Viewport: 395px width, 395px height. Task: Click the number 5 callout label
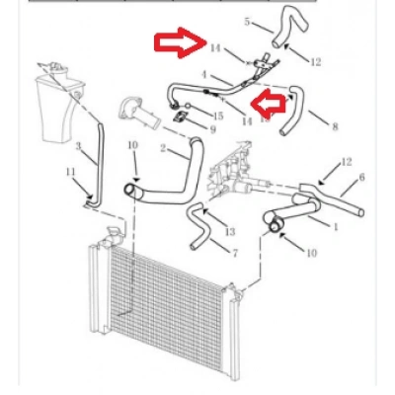click(x=247, y=22)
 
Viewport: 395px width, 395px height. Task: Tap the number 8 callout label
click(x=335, y=126)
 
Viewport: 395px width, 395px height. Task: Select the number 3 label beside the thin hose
click(x=78, y=146)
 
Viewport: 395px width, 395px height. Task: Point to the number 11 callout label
click(x=70, y=172)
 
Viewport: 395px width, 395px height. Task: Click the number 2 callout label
click(x=163, y=148)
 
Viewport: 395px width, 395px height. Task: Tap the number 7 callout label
click(x=235, y=253)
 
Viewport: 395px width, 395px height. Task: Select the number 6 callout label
click(x=361, y=178)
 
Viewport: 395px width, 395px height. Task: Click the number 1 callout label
click(x=336, y=227)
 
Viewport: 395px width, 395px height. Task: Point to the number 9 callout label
click(x=213, y=129)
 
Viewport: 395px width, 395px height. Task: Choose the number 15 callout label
click(x=217, y=116)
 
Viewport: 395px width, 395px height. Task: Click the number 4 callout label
click(x=204, y=75)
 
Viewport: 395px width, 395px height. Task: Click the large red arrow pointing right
click(x=181, y=42)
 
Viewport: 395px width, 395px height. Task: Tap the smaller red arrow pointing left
click(x=268, y=104)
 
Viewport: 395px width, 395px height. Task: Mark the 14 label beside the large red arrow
click(x=215, y=48)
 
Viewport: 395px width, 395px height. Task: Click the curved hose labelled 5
click(x=290, y=27)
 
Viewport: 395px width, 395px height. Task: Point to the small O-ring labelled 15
click(x=188, y=106)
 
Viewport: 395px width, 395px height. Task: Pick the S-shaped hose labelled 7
click(x=197, y=225)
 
